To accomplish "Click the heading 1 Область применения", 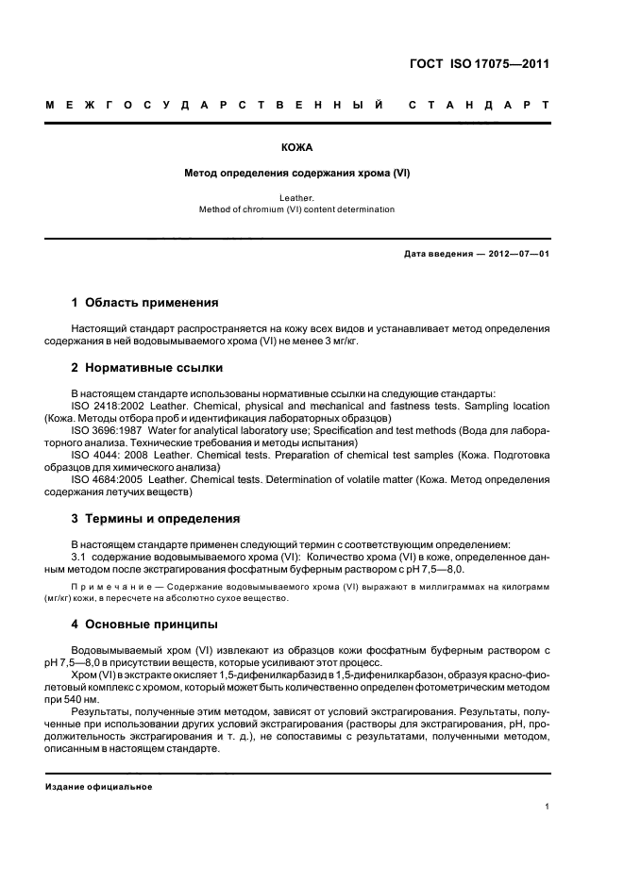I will tap(145, 303).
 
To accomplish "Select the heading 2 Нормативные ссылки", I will tap(147, 368).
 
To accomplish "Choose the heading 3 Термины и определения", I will tap(156, 518).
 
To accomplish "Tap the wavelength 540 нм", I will tap(78, 701).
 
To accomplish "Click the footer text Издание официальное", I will tap(99, 786).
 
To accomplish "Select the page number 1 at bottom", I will tap(548, 808).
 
